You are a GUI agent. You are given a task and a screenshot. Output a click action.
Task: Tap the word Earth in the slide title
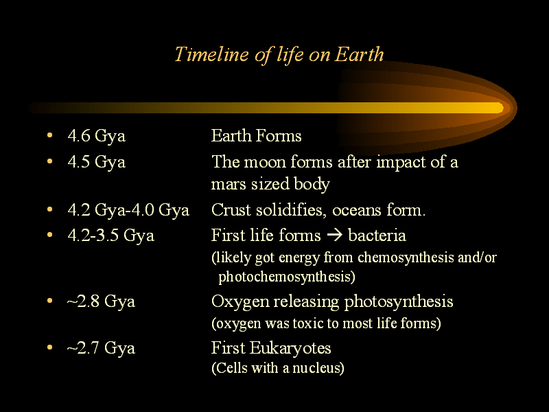pyautogui.click(x=359, y=54)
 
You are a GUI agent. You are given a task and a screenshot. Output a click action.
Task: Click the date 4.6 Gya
pyautogui.click(x=96, y=136)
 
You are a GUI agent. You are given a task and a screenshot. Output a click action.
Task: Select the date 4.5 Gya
pyautogui.click(x=96, y=162)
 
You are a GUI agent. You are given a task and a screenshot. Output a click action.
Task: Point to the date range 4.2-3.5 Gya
pyautogui.click(x=110, y=236)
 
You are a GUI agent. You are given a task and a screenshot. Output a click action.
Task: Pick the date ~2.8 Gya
pyautogui.click(x=101, y=301)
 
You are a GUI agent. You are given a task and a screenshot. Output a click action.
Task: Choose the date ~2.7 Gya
pyautogui.click(x=101, y=348)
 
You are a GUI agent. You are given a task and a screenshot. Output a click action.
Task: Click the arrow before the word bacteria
pyautogui.click(x=334, y=235)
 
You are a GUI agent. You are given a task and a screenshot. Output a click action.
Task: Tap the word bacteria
pyautogui.click(x=377, y=235)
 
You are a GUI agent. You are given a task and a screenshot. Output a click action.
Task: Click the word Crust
pyautogui.click(x=231, y=210)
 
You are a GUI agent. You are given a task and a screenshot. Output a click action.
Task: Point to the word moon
pyautogui.click(x=264, y=162)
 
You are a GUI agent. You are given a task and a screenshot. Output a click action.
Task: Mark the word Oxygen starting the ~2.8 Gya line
pyautogui.click(x=240, y=302)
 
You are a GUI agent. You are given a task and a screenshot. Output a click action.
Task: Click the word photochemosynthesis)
pyautogui.click(x=287, y=277)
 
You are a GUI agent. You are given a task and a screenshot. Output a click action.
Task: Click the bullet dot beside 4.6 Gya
pyautogui.click(x=49, y=135)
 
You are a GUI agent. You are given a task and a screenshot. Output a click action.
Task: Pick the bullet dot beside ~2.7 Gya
pyautogui.click(x=49, y=347)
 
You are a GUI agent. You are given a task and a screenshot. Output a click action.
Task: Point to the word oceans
pyautogui.click(x=356, y=211)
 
